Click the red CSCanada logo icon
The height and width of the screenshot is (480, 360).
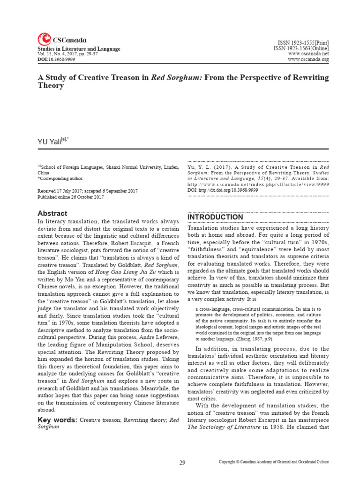(x=44, y=39)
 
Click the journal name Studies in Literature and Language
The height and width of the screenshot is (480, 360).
(x=79, y=49)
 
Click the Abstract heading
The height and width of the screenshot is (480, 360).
(x=52, y=213)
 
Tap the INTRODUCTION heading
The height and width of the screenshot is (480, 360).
(x=215, y=217)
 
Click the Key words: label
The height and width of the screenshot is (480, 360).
(x=58, y=420)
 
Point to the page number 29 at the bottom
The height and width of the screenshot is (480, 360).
(x=182, y=463)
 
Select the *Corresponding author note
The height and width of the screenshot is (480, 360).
(x=60, y=179)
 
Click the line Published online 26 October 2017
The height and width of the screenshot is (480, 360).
(x=70, y=197)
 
